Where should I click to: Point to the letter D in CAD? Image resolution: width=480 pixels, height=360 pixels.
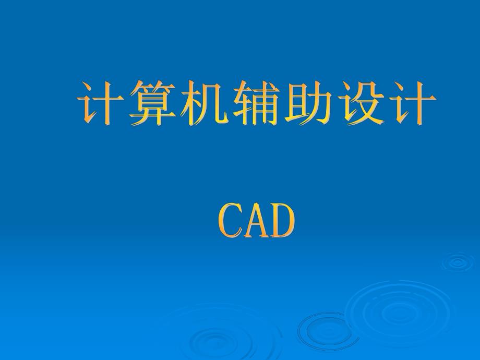(282, 221)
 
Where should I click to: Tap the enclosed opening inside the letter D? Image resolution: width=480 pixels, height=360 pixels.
(283, 221)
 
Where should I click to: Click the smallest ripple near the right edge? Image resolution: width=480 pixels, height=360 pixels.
(458, 262)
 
